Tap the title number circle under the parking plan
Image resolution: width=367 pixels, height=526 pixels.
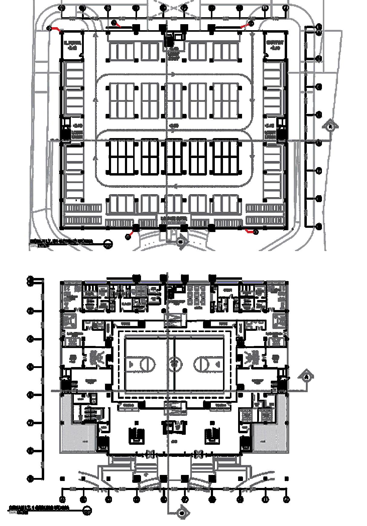point(108,244)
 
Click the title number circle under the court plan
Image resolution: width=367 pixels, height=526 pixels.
point(87,511)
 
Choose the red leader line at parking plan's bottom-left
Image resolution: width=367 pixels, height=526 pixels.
point(131,234)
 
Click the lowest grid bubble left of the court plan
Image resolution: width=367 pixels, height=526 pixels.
point(31,479)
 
